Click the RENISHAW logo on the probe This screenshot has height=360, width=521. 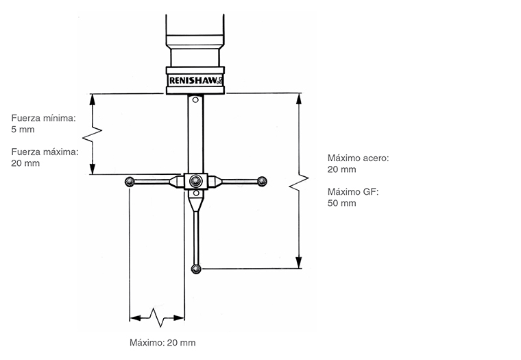pos(195,80)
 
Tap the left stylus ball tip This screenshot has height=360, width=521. pos(129,182)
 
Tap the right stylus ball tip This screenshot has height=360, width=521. pos(261,181)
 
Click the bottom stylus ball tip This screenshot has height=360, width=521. pos(196,268)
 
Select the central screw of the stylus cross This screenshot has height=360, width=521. pos(195,181)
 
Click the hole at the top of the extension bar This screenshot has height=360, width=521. pos(195,101)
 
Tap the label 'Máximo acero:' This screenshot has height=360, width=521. pos(358,158)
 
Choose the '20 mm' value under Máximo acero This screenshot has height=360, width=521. pos(341,169)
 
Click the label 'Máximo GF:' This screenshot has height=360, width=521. pos(352,191)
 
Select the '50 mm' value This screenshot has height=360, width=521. pos(341,203)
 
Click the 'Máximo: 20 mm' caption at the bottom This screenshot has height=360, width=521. pos(162,342)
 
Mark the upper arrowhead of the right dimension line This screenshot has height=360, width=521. pos(298,97)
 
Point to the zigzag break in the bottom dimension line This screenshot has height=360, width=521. pos(158,317)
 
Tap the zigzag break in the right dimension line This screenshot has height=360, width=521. pos(298,184)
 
